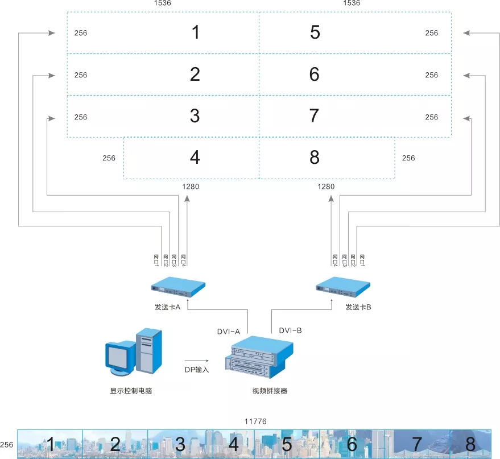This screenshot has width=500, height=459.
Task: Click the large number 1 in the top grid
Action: point(196,32)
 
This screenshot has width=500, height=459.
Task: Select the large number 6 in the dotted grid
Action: point(315,74)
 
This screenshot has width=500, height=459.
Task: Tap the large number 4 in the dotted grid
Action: point(195,157)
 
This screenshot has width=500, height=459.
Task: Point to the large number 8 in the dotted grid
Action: point(315,157)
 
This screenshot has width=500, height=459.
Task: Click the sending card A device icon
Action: point(178,287)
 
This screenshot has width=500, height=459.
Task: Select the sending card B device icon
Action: point(343,287)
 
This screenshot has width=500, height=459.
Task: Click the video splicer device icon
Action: point(259,357)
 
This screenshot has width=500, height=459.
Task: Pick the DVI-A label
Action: point(228,332)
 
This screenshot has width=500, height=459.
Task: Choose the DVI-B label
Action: point(290,330)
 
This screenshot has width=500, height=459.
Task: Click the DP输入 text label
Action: point(197,370)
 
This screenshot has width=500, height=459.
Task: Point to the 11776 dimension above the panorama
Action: point(255,421)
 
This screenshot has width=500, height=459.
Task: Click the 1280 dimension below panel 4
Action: point(191,187)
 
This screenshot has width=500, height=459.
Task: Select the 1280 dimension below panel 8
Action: point(326,187)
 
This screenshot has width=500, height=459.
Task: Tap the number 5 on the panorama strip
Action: point(287,444)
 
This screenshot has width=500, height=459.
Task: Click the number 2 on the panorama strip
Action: point(115,444)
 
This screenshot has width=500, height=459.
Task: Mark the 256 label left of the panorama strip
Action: point(7,445)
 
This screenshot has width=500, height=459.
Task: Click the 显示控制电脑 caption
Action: point(131,391)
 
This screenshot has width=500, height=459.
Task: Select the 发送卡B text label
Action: point(358,307)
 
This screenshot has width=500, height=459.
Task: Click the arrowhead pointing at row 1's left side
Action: point(52,33)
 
